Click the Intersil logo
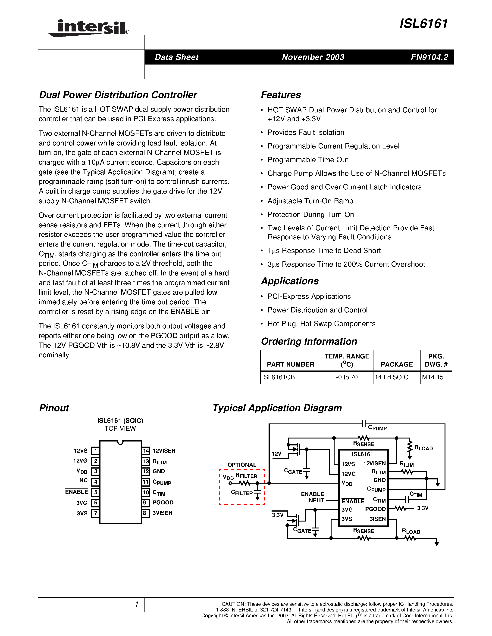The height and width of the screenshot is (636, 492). (89, 28)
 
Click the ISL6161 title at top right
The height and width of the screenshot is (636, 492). (423, 24)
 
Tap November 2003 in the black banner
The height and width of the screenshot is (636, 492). (313, 57)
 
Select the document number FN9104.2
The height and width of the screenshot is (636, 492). (429, 57)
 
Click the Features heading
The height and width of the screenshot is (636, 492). (281, 95)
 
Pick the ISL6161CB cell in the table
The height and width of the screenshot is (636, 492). (278, 377)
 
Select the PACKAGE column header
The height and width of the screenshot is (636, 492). (396, 364)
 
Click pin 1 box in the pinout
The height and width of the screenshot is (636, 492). (95, 451)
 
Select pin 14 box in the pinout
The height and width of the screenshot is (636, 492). (146, 451)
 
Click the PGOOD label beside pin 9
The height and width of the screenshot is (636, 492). (163, 503)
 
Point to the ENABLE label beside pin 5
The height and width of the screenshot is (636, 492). (76, 492)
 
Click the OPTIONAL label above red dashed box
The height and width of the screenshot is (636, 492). (242, 465)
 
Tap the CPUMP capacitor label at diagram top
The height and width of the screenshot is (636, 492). (377, 428)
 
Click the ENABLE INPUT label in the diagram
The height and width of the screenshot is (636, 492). (313, 497)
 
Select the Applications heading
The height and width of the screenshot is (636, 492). (290, 281)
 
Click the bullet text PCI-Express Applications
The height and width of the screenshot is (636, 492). (309, 296)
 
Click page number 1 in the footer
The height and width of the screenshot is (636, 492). (136, 604)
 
